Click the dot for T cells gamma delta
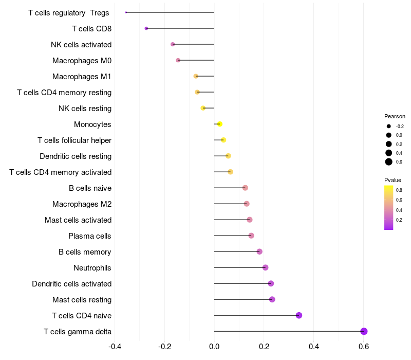(364, 331)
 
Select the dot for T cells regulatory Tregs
(126, 12)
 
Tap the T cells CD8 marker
(146, 28)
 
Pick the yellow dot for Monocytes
(220, 124)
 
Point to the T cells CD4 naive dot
(299, 315)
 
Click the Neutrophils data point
(265, 267)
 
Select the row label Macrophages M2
(82, 204)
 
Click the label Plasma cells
(90, 236)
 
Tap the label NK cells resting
(85, 109)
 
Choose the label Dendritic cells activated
(71, 284)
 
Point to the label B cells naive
(90, 188)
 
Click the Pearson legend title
(395, 116)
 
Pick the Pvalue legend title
(393, 180)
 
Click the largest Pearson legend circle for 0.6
(389, 162)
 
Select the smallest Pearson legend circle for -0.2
(389, 126)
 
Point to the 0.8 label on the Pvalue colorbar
(399, 190)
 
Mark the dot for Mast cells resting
(272, 299)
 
